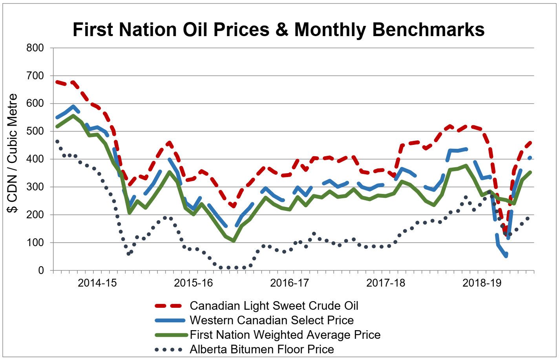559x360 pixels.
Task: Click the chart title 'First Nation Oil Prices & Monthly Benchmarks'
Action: click(278, 29)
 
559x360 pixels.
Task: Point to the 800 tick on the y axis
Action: click(35, 48)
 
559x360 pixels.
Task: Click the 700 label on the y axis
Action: click(35, 76)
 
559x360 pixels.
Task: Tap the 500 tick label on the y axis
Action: click(35, 132)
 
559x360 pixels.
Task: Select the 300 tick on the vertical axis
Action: click(35, 187)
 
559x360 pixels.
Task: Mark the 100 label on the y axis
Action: click(35, 243)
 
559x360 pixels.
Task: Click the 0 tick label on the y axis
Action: click(41, 271)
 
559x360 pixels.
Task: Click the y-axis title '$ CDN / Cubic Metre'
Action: click(13, 154)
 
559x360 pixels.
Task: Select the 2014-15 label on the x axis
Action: click(97, 283)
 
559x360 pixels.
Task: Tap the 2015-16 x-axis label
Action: click(193, 283)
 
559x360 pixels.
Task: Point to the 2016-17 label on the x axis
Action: click(289, 283)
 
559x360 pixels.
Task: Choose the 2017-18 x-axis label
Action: click(385, 283)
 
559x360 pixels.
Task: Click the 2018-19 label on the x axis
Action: click(482, 283)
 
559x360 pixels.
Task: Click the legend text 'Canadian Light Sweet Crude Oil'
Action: click(274, 306)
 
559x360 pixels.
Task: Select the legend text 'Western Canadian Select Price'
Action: click(272, 320)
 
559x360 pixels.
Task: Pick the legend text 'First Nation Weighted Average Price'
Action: click(285, 335)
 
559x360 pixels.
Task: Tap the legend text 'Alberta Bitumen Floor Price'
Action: click(262, 349)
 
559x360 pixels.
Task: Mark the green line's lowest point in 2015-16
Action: click(234, 241)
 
